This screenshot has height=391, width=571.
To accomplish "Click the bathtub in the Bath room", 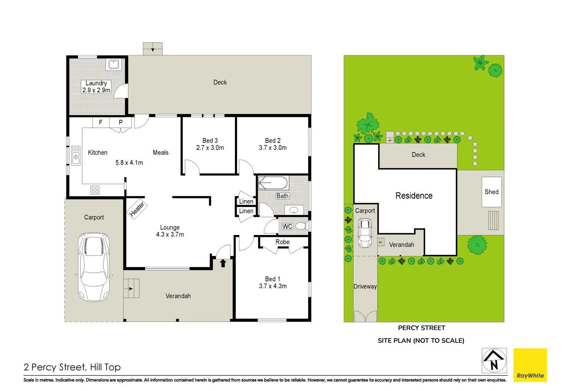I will pos(273,183).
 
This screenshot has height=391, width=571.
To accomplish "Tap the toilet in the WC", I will pos(301,226).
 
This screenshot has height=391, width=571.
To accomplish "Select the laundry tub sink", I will pos(113,65).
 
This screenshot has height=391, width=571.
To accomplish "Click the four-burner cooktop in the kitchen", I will pos(95,190).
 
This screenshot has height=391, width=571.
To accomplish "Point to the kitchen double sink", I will pos(76,156).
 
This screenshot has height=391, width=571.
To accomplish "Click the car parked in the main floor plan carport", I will pos(94,267).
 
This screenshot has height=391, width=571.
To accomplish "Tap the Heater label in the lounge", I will pos(137,209).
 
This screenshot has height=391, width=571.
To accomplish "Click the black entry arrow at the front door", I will pos(223,263).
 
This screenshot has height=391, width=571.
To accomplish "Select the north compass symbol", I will pos(494,360).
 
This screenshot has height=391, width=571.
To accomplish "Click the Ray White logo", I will pos(530,365).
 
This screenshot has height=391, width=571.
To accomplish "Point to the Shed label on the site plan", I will pos(491,192).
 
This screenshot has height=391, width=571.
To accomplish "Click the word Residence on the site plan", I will pos(414,196).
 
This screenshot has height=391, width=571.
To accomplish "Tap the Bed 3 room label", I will pos(210,140).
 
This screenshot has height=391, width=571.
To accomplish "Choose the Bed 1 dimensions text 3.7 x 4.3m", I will pos(273,286).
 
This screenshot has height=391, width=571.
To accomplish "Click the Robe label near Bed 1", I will pos(282,242).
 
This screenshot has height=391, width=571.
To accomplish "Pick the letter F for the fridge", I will pos(101,122).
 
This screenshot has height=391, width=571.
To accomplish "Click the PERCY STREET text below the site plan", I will pos(421,328).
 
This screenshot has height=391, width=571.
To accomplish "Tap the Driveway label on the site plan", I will pos(365,286).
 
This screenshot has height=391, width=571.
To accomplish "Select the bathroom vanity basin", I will pos(294,210).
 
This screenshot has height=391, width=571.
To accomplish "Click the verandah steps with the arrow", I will pos(131,289).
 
